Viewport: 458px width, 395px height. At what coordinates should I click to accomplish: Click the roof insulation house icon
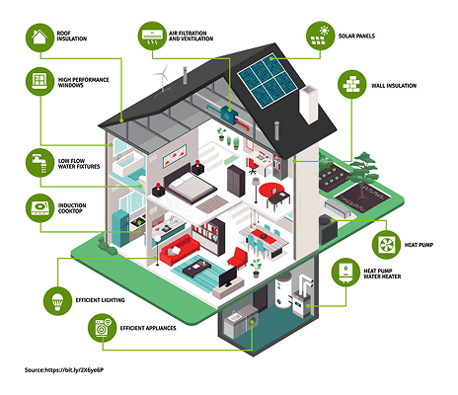click(x=39, y=38)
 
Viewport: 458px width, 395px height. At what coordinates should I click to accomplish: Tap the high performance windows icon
click(x=40, y=83)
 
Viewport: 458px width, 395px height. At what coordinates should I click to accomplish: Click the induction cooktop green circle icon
click(x=40, y=206)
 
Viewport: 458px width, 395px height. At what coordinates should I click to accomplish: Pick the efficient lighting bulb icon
click(x=58, y=296)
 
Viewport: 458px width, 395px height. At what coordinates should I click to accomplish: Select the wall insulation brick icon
click(x=352, y=86)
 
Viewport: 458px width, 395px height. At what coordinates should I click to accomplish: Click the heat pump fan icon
click(x=387, y=240)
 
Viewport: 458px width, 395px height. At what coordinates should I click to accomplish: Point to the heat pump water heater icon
click(x=346, y=272)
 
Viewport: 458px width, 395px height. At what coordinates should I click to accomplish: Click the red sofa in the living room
click(x=182, y=241)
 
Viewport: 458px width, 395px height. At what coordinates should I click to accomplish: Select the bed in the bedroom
click(x=188, y=184)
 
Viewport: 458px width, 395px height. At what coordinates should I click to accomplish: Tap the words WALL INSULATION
click(x=393, y=86)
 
